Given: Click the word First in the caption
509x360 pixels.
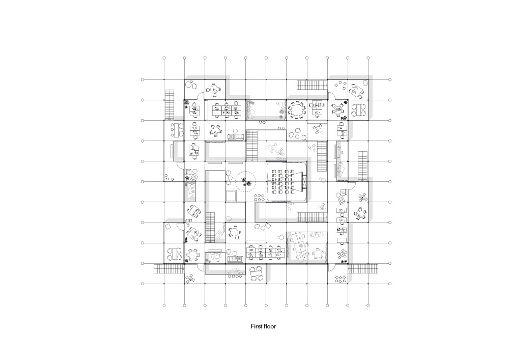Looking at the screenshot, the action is tap(257, 326).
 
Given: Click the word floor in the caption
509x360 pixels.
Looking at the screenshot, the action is tap(270, 326).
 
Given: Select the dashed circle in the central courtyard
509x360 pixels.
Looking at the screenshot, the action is tap(246, 182).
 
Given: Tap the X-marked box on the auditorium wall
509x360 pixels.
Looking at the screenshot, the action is tap(304, 181).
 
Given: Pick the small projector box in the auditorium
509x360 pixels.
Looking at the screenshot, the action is tap(269, 181).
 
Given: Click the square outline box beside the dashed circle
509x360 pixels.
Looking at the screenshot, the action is tap(231, 196).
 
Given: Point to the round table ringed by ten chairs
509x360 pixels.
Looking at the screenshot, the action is tap(296, 110).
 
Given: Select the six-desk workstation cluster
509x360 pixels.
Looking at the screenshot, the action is tap(227, 109).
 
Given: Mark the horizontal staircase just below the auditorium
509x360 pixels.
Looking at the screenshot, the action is tap(312, 217).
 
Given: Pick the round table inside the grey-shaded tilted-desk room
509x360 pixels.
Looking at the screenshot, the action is tap(318, 253).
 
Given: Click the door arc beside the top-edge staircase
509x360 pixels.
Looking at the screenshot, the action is tap(331, 96).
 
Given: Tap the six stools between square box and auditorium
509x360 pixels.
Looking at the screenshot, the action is tap(259, 197).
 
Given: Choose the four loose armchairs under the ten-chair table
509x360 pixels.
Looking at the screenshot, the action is tap(296, 133).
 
